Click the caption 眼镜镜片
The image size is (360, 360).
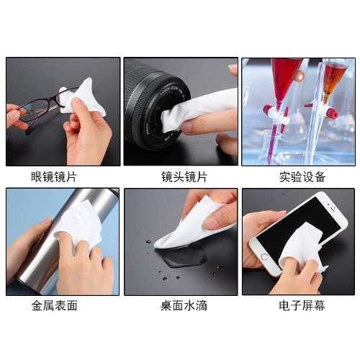(x=54, y=177)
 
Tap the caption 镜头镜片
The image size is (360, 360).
(x=184, y=177)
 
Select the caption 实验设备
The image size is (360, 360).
(x=302, y=177)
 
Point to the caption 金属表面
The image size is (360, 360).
(x=54, y=306)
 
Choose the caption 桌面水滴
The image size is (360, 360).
(x=184, y=306)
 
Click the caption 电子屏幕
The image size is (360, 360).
(x=302, y=306)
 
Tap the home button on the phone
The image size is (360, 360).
(x=264, y=257)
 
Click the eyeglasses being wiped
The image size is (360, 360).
(x=43, y=108)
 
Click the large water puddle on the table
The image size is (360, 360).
(x=184, y=258)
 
